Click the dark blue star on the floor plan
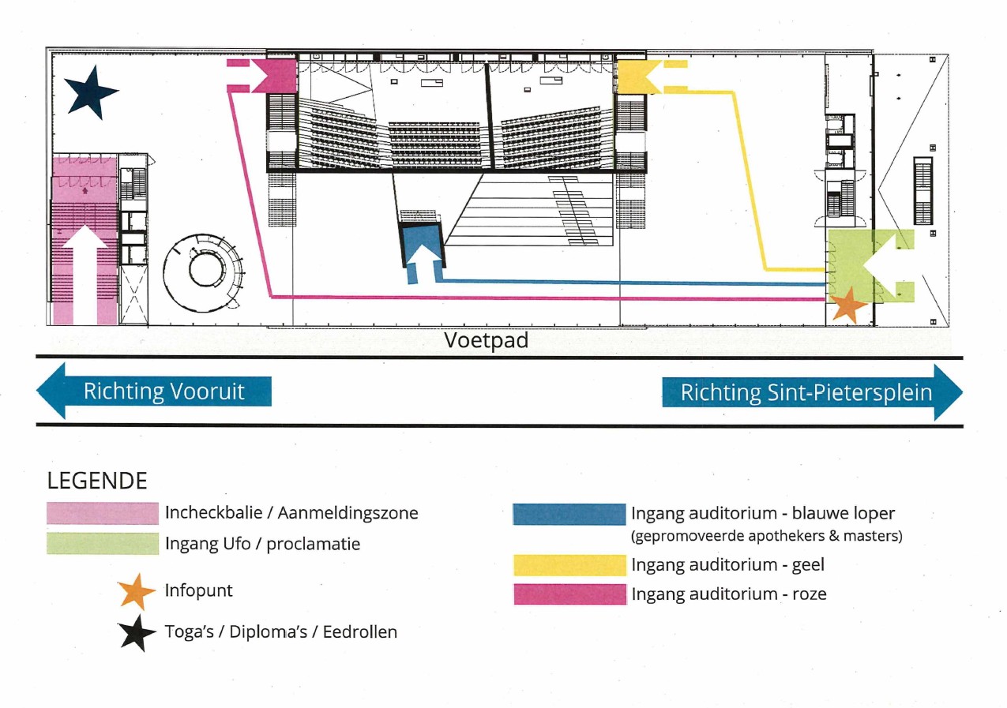point(91,92)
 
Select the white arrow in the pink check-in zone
point(85,272)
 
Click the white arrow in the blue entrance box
point(424,261)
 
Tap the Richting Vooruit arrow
point(154,391)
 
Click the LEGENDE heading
point(97,481)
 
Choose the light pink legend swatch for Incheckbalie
point(103,513)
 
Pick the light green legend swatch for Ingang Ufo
point(103,544)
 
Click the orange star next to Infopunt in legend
point(136,591)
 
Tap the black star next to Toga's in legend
point(136,633)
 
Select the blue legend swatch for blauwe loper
point(569,514)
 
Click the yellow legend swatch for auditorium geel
point(569,565)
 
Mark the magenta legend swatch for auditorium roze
point(569,594)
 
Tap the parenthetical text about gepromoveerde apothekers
point(766,536)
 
